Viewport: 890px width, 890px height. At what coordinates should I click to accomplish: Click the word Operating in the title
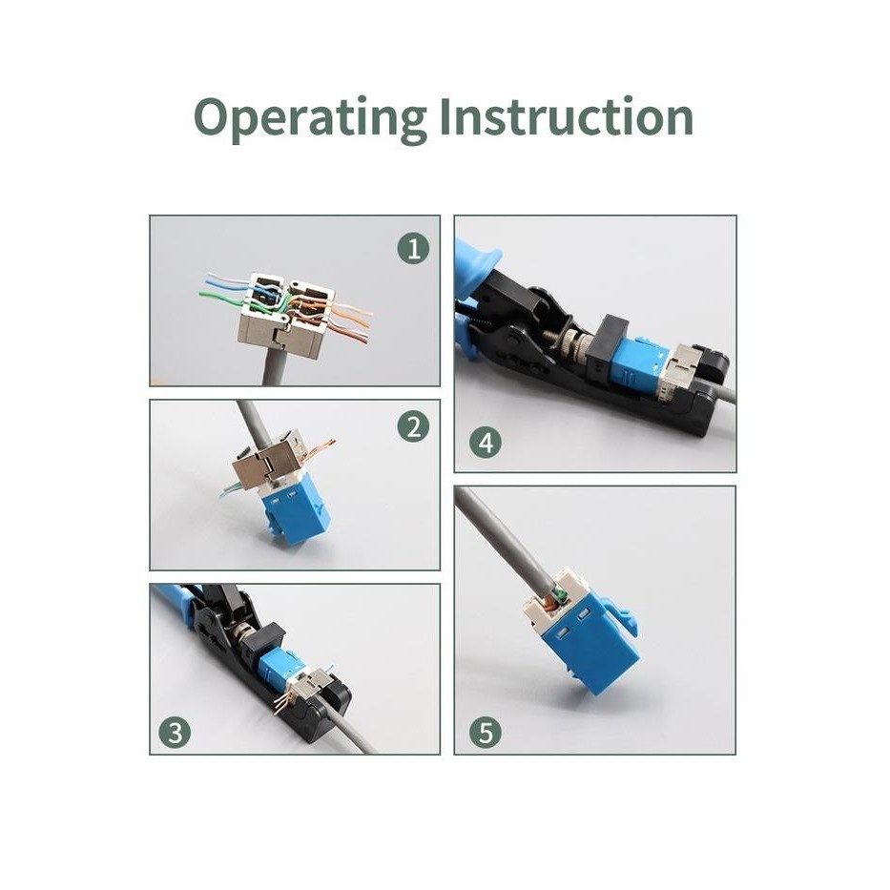tap(308, 117)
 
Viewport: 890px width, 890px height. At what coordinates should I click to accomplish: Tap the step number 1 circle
tap(413, 250)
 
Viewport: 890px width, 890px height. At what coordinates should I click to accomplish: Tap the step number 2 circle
tap(413, 426)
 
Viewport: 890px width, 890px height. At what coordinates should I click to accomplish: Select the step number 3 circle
tap(174, 733)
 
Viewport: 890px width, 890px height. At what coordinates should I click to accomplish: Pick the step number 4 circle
tap(486, 443)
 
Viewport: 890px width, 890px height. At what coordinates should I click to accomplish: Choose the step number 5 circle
tap(486, 733)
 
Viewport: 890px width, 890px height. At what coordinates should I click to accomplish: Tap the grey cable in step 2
tap(253, 420)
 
